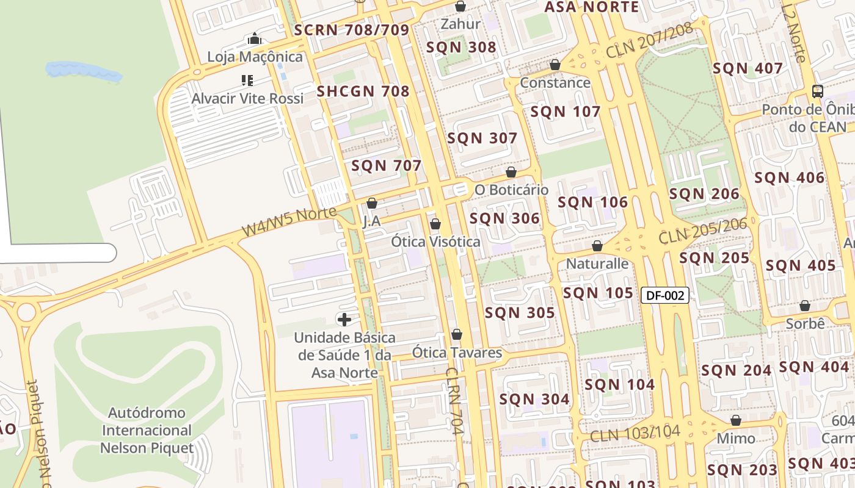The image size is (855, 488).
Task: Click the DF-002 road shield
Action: coord(665,296)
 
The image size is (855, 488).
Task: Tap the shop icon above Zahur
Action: coord(460,7)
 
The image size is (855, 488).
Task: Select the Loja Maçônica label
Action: coord(255,57)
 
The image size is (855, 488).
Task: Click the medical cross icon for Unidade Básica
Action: coord(344,320)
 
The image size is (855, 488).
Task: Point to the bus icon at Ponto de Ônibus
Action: coord(817,92)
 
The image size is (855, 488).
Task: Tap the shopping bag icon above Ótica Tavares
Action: coord(457,335)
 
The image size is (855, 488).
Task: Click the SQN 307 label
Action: coord(482,138)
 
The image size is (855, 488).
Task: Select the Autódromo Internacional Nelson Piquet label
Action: coord(147,431)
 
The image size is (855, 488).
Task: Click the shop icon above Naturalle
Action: coord(597,246)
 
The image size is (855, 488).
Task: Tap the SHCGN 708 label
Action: coord(363,91)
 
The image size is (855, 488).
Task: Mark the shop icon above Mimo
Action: coord(736,421)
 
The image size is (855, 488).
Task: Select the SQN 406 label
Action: coord(789,178)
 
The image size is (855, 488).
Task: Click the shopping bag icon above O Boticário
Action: coord(511,173)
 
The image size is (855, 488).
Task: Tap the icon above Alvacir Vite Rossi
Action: coord(247,81)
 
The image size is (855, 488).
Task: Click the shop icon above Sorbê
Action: coord(805,306)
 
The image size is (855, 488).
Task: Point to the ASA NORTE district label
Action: coord(591,7)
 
